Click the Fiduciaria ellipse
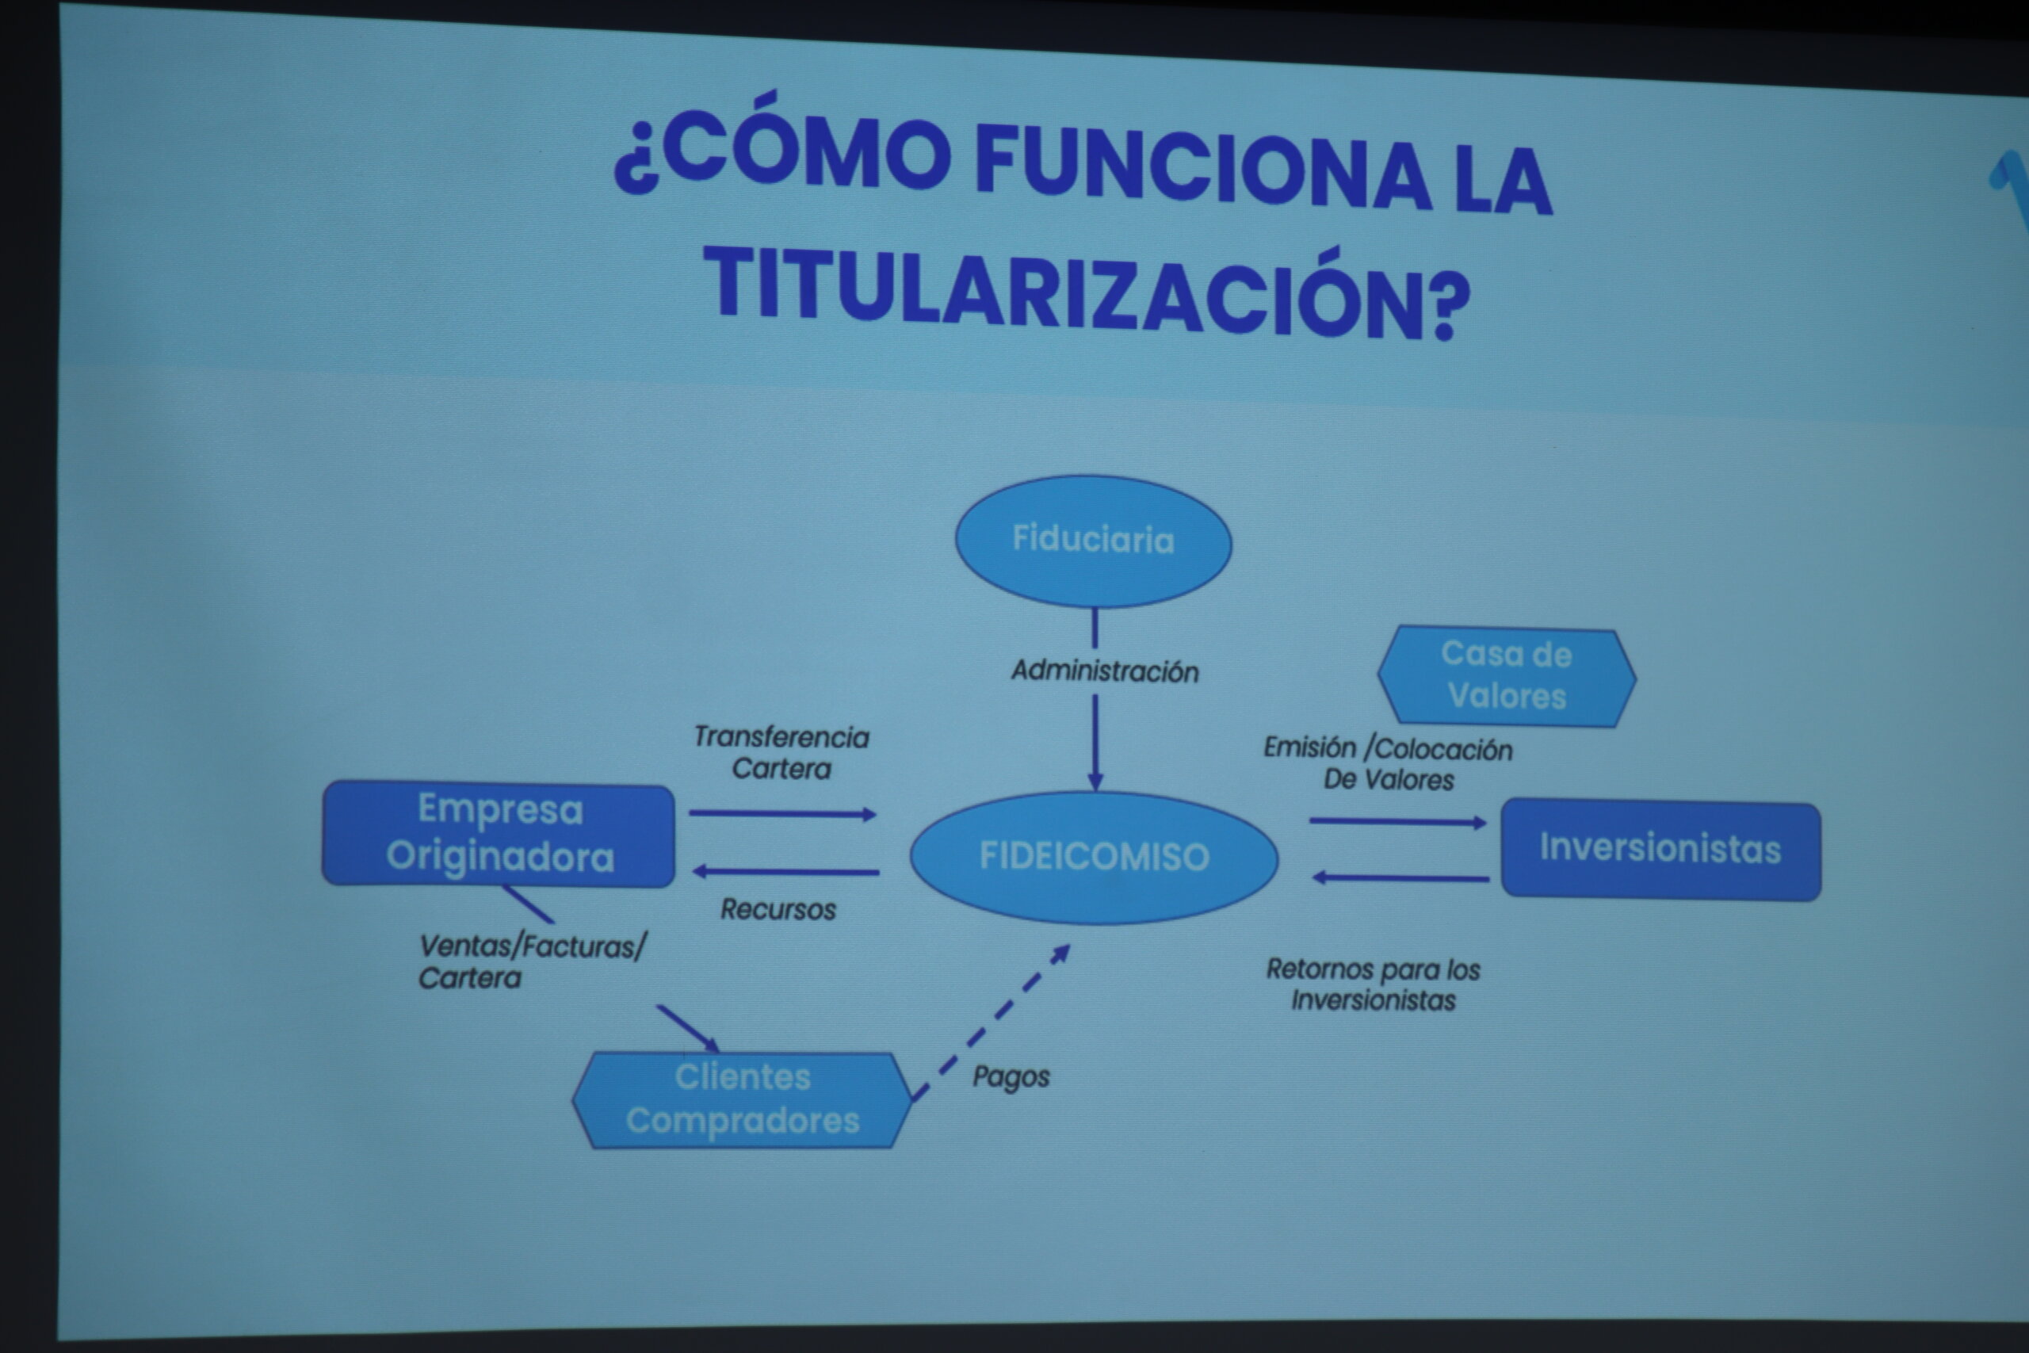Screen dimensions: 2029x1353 pyautogui.click(x=1093, y=541)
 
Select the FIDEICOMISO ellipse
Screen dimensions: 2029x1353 pyautogui.click(x=1094, y=857)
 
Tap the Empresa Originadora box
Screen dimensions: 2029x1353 pyautogui.click(x=499, y=834)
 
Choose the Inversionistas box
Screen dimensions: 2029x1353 pyautogui.click(x=1660, y=850)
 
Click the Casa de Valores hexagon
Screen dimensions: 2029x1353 pyautogui.click(x=1506, y=675)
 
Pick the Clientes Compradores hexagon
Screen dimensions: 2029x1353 pyautogui.click(x=742, y=1099)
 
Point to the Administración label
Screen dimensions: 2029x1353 pyautogui.click(x=1105, y=671)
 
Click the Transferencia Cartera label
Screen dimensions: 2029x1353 pyautogui.click(x=781, y=752)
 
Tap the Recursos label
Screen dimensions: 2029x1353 pyautogui.click(x=778, y=908)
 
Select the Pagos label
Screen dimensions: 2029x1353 pyautogui.click(x=1011, y=1077)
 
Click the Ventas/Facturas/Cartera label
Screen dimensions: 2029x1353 pyautogui.click(x=531, y=961)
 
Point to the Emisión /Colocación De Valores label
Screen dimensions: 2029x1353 pyautogui.click(x=1388, y=763)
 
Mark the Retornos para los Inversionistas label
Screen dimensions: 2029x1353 pyautogui.click(x=1374, y=984)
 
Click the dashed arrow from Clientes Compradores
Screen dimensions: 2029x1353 pyautogui.click(x=992, y=1022)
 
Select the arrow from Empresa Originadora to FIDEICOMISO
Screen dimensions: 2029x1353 pyautogui.click(x=782, y=814)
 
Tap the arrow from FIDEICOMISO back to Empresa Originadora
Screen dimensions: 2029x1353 pyautogui.click(x=786, y=872)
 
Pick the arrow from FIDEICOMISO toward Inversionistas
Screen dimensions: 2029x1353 pyautogui.click(x=1397, y=821)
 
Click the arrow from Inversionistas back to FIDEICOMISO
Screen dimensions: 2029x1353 pyautogui.click(x=1400, y=877)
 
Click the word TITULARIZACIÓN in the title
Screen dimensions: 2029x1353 pyautogui.click(x=1086, y=290)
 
